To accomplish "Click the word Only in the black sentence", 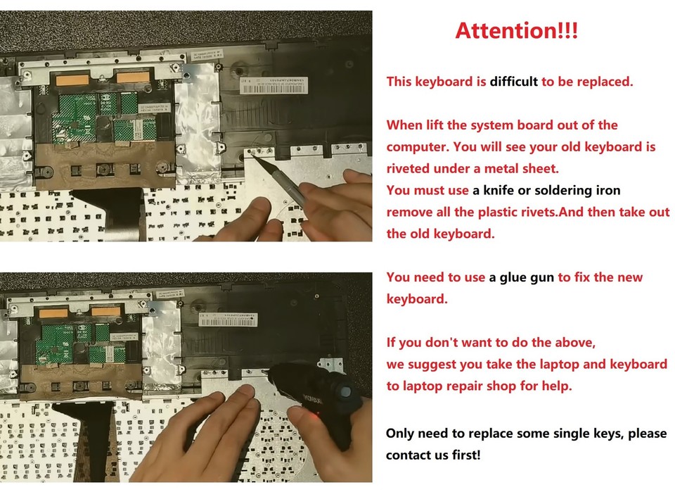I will [x=401, y=433].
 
